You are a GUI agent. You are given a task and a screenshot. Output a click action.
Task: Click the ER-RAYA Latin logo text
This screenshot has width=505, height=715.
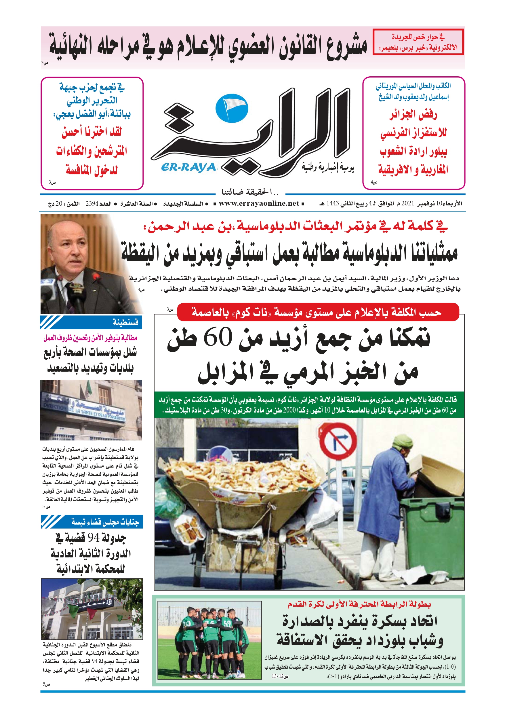coord(188,168)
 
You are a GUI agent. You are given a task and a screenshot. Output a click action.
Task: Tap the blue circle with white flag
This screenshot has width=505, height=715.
coord(232,108)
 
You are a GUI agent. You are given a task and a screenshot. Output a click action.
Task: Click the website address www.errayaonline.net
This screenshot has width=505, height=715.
coord(259,204)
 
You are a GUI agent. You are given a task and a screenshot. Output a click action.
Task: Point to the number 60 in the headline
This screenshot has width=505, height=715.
coord(218,337)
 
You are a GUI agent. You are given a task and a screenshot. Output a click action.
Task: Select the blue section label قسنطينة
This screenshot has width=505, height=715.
coord(125,322)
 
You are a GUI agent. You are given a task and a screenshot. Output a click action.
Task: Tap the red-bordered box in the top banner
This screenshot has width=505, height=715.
coord(418,42)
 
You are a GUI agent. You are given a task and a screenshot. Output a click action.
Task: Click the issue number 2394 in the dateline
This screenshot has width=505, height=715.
coord(92,204)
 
